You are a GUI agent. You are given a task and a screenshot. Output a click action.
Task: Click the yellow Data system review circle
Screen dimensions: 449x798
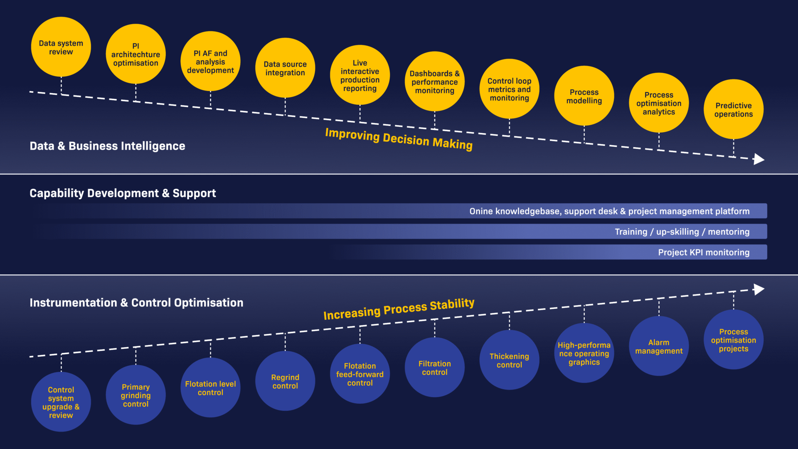pyautogui.click(x=61, y=47)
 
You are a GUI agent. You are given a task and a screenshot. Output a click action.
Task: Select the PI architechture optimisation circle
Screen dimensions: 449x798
pyautogui.click(x=135, y=54)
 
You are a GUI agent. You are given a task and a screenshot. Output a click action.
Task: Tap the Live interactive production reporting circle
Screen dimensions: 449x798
pyautogui.click(x=360, y=75)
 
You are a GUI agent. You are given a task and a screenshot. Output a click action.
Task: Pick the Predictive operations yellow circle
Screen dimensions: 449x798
pyautogui.click(x=733, y=109)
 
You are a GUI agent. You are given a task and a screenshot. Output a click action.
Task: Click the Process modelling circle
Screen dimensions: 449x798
pyautogui.click(x=584, y=96)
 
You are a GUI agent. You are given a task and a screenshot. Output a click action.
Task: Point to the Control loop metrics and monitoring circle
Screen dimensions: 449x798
pyautogui.click(x=509, y=89)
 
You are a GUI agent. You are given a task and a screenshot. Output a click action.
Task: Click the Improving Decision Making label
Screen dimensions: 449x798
pyautogui.click(x=399, y=139)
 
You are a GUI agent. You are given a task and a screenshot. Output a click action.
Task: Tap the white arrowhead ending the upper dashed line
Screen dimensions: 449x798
pyautogui.click(x=759, y=159)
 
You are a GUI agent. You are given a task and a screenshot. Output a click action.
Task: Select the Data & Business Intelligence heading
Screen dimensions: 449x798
pyautogui.click(x=107, y=146)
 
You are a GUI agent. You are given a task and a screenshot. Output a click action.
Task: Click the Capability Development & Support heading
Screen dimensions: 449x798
pyautogui.click(x=123, y=193)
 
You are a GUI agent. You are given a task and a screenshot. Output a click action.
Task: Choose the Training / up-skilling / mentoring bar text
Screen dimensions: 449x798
pyautogui.click(x=682, y=232)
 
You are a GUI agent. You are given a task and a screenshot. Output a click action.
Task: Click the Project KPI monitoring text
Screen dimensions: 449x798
pyautogui.click(x=703, y=252)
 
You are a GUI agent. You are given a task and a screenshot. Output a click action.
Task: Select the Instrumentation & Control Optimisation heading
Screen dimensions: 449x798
pyautogui.click(x=136, y=303)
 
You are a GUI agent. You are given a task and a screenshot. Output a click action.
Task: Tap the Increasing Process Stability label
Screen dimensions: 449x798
pyautogui.click(x=399, y=309)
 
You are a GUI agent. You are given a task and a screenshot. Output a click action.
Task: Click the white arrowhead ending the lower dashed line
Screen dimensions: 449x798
pyautogui.click(x=759, y=289)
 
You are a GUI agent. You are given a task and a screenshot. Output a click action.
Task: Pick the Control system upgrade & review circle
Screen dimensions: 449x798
pyautogui.click(x=61, y=402)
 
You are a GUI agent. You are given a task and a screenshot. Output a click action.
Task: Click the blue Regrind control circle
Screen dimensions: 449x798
pyautogui.click(x=285, y=381)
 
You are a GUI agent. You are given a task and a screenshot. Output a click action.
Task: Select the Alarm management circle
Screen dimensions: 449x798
pyautogui.click(x=659, y=346)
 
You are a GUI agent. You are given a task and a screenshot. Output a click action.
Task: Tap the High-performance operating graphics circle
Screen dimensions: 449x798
pyautogui.click(x=584, y=353)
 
